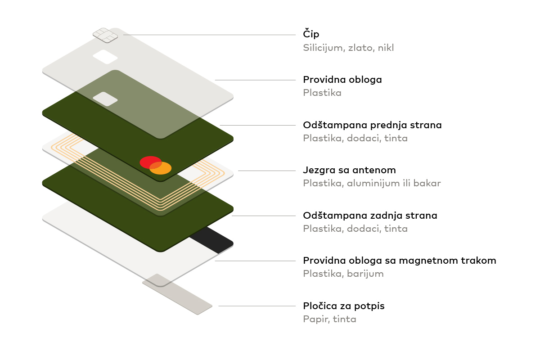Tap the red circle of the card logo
point(149,162)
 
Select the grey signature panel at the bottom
point(177,294)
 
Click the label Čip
point(311,35)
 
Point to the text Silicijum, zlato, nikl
point(348,48)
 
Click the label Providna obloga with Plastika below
point(342,80)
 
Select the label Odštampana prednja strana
point(372,125)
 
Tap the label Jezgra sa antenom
point(349,170)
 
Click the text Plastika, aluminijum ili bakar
point(372,184)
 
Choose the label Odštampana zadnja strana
point(370,216)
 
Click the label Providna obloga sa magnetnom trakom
point(399,261)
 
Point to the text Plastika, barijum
point(343,274)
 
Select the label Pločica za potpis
point(343,306)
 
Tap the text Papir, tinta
point(329,319)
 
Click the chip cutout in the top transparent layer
point(105,57)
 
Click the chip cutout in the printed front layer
point(105,99)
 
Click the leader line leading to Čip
point(207,35)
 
